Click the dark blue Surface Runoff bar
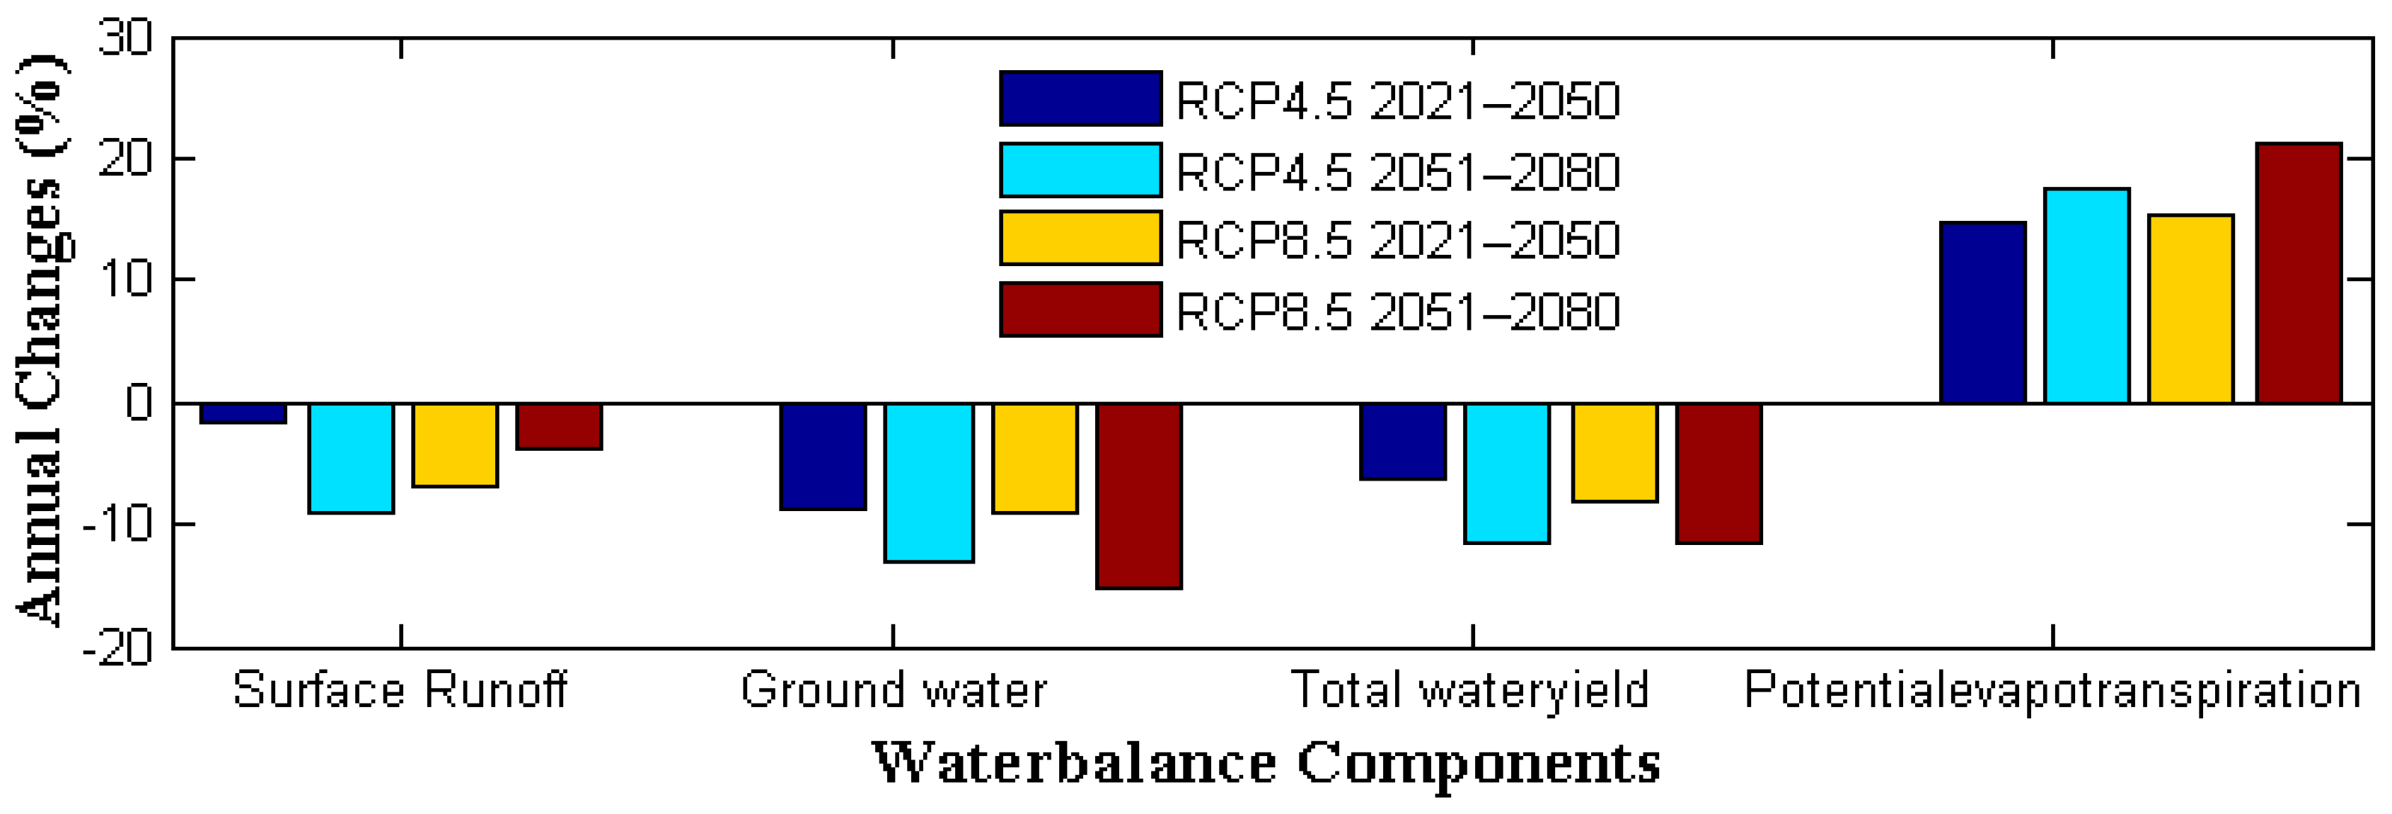[243, 413]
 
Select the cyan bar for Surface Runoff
[351, 457]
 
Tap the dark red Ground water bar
[1138, 495]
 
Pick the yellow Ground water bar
[1034, 457]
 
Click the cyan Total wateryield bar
[1506, 473]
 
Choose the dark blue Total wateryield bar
[1402, 442]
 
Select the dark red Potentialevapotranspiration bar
[2298, 273]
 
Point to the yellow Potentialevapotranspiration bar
[2190, 309]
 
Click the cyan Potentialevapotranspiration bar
[2086, 295]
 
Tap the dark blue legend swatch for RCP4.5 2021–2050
[1080, 98]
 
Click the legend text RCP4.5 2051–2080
[1397, 172]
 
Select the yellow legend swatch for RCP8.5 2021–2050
[1080, 238]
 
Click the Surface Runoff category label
[399, 690]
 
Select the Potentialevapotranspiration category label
[2052, 690]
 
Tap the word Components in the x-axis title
[1477, 764]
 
